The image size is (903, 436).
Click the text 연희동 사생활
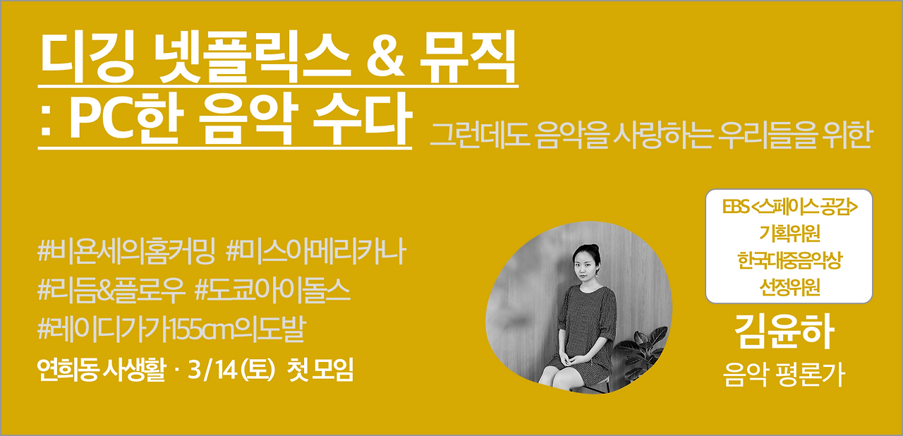click(x=103, y=369)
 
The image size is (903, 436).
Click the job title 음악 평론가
click(x=783, y=373)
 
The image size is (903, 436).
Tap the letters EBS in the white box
click(x=736, y=209)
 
